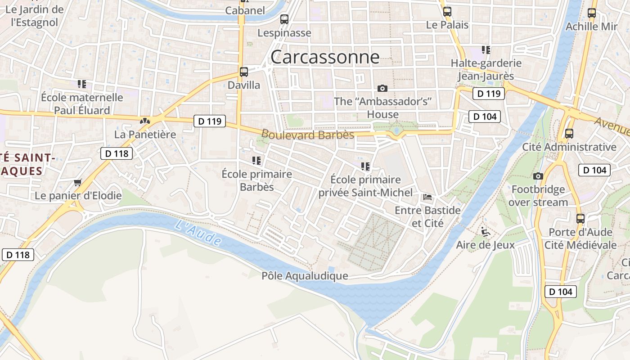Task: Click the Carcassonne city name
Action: (325, 57)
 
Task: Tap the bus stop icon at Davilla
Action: (244, 72)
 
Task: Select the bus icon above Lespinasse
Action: (284, 19)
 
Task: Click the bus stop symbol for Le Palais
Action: (447, 12)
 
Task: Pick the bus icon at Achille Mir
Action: (591, 13)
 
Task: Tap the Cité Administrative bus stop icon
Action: (569, 134)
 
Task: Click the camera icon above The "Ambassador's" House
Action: (382, 88)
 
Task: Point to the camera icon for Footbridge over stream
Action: (538, 176)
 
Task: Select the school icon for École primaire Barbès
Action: (256, 161)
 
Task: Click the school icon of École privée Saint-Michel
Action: (365, 166)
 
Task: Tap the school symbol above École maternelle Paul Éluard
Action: (81, 84)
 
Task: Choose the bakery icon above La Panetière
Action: (144, 121)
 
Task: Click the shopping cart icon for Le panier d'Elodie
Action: (78, 182)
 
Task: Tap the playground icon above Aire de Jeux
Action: (485, 232)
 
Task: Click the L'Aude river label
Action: (198, 233)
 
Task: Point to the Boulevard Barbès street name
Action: (308, 135)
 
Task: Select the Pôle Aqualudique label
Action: (305, 276)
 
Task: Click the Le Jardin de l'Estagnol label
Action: (34, 16)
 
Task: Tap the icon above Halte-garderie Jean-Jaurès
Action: (486, 49)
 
